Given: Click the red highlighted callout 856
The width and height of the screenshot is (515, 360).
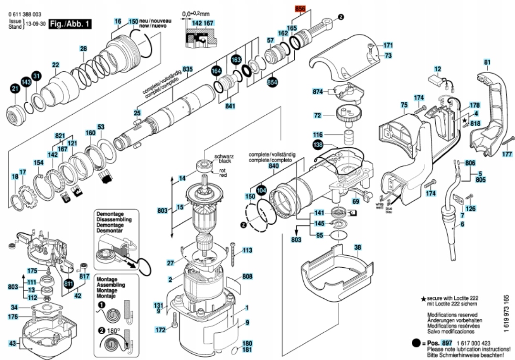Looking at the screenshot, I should pyautogui.click(x=300, y=9).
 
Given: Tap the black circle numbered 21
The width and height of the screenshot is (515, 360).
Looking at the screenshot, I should pyautogui.click(x=15, y=88).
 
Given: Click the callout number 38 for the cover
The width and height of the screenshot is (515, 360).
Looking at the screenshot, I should pyautogui.click(x=357, y=248).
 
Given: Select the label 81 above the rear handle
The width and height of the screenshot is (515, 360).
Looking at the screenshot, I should pyautogui.click(x=487, y=62).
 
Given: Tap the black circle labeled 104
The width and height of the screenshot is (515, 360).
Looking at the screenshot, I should pyautogui.click(x=261, y=190).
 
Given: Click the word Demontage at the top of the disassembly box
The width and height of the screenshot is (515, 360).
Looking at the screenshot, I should pyautogui.click(x=110, y=214).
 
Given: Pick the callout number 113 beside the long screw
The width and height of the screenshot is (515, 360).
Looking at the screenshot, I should pyautogui.click(x=247, y=250).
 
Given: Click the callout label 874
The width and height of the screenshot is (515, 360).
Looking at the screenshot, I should pyautogui.click(x=318, y=91).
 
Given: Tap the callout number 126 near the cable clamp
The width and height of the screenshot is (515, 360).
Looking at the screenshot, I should pyautogui.click(x=471, y=209).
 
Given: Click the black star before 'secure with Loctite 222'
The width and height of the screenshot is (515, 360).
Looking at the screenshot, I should pyautogui.click(x=423, y=298).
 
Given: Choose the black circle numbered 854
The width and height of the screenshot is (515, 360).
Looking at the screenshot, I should pyautogui.click(x=272, y=82).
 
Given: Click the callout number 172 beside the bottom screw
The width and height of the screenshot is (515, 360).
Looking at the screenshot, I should pyautogui.click(x=161, y=330).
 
